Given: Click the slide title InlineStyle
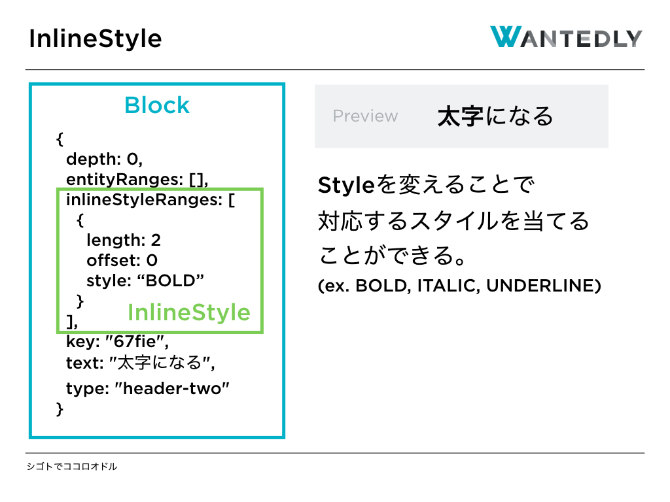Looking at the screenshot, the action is click(96, 39).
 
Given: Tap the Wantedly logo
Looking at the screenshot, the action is click(566, 37).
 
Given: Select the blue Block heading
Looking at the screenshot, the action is click(157, 105).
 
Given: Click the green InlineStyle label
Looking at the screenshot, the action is click(189, 312).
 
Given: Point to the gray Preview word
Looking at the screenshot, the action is click(365, 116).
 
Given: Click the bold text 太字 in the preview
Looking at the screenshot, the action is click(461, 116).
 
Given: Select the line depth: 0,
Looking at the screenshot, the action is click(104, 159).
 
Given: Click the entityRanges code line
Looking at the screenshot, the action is click(137, 180).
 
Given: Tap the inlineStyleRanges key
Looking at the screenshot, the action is click(144, 200).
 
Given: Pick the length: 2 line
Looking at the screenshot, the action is click(124, 241).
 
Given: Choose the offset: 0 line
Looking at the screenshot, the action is click(122, 260).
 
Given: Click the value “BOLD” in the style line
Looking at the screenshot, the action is click(171, 281).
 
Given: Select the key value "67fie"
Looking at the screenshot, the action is click(137, 341).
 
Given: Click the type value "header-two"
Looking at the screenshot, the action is click(172, 388).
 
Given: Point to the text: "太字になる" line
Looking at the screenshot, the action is click(140, 363).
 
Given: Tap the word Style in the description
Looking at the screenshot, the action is click(347, 186).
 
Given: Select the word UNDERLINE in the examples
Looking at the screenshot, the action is click(540, 286).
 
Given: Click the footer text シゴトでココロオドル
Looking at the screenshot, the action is click(72, 467).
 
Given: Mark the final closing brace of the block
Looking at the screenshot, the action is click(60, 409).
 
